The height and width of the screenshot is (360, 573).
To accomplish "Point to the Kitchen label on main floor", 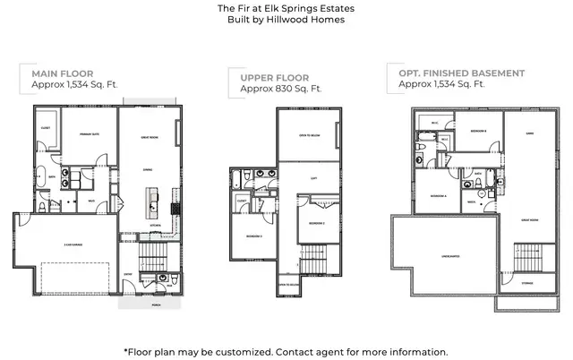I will point(155,225).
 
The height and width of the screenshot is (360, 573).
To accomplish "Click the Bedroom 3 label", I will point(253,236).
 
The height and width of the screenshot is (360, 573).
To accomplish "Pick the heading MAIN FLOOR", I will point(62,73).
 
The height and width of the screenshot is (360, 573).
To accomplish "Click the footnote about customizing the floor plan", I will point(286,351).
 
